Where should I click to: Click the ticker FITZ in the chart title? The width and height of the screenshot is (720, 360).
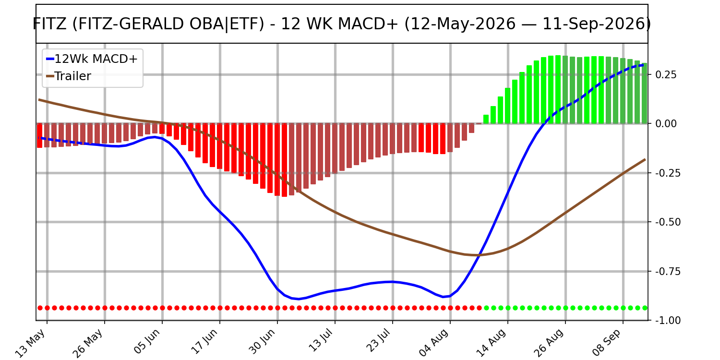point(50,24)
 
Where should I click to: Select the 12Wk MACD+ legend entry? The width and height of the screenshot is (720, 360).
point(92,59)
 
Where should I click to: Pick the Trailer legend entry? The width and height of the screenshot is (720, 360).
point(69,76)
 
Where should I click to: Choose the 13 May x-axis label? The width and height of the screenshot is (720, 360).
point(31,343)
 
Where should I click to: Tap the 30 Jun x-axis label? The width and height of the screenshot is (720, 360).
point(262,342)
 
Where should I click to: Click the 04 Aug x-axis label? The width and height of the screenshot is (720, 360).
point(433,343)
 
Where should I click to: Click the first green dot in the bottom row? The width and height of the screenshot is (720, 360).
point(486,308)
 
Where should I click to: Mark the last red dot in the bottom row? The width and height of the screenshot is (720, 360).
point(479,308)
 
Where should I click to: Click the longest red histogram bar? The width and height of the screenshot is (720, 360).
point(285,160)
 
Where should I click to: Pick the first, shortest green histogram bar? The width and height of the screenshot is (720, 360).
point(486,119)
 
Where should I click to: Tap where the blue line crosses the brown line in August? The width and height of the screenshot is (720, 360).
point(480,255)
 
